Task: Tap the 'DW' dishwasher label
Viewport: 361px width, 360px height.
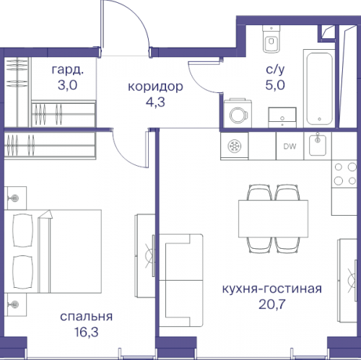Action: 290,147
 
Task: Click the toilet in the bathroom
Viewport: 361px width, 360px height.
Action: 271,42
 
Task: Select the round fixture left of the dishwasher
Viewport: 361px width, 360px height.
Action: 235,146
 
